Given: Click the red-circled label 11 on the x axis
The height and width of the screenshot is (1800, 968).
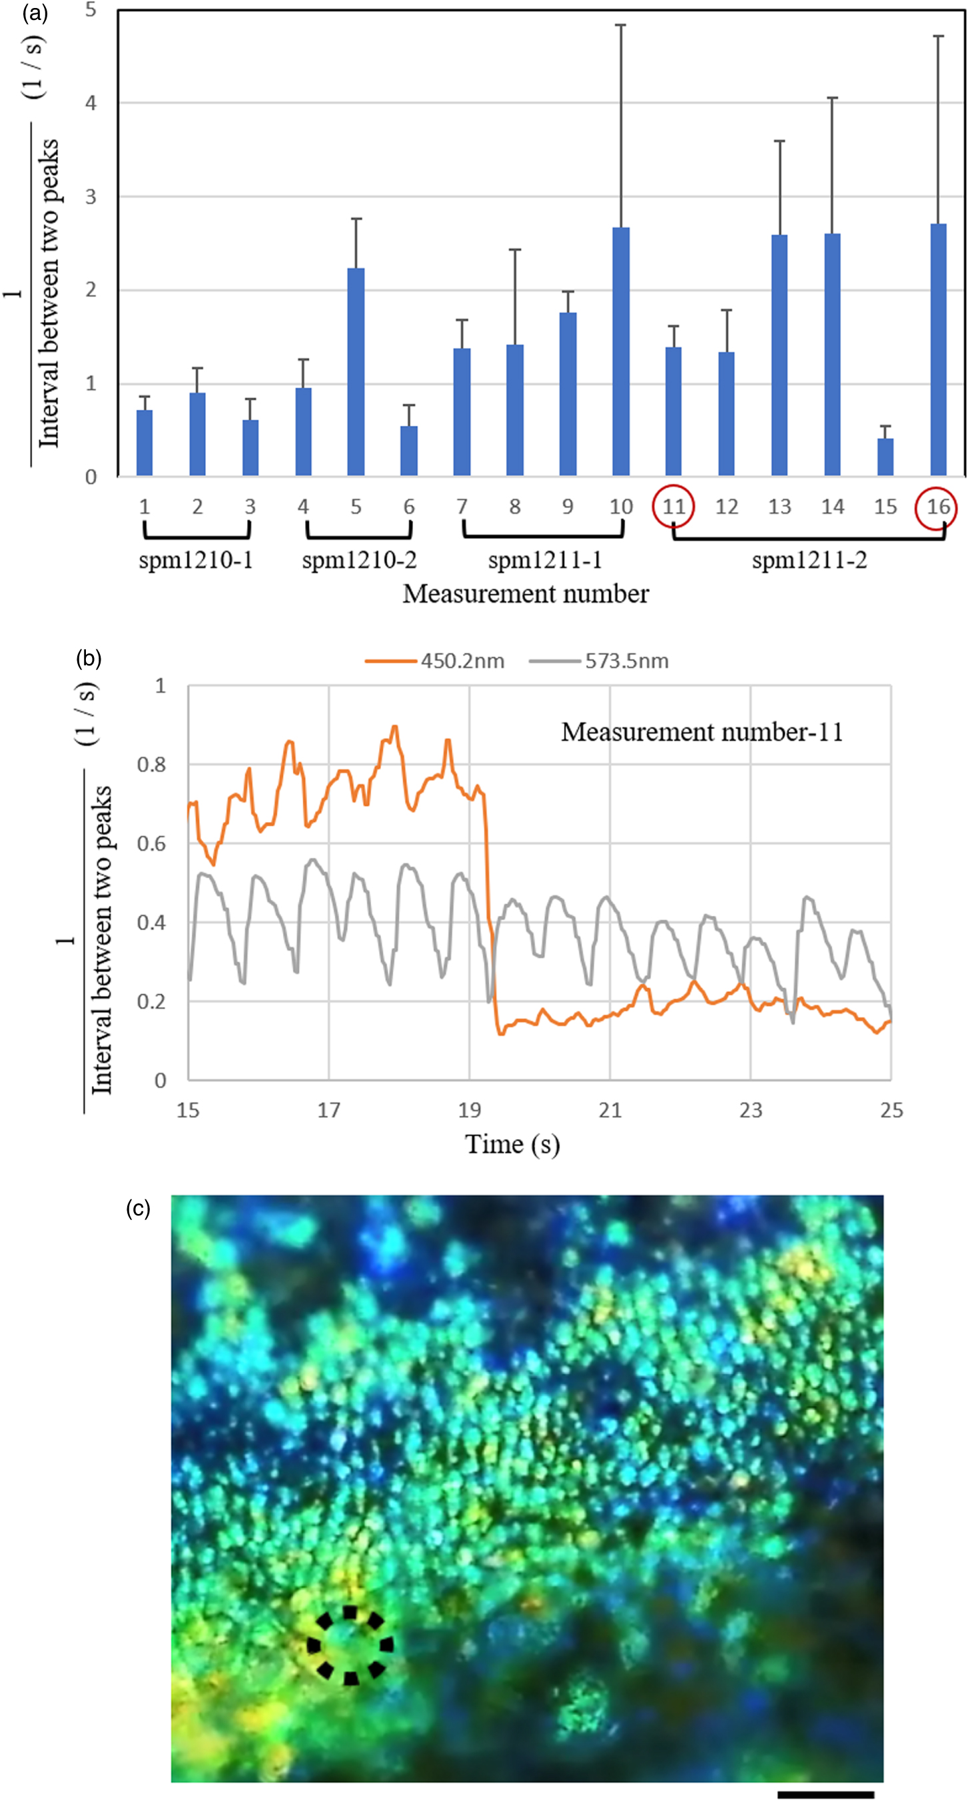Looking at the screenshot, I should click(x=674, y=507).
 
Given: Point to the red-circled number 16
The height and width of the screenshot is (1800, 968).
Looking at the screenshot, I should click(x=937, y=507).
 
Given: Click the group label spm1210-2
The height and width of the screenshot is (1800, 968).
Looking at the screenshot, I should click(x=359, y=560).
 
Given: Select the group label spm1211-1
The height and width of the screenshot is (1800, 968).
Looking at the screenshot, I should click(x=544, y=560).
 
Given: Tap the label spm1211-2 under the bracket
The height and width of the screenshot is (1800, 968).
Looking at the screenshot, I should click(x=809, y=560).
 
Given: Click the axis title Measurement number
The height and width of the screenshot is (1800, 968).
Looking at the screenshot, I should click(x=525, y=594).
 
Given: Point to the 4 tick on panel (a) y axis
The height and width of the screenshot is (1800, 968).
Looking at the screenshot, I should click(x=91, y=103).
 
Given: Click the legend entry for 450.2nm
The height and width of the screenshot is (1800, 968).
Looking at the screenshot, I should click(x=435, y=661).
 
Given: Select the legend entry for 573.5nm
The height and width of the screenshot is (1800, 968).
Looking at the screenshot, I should click(x=599, y=661).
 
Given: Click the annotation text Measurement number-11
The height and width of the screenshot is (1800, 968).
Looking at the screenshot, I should click(x=702, y=732).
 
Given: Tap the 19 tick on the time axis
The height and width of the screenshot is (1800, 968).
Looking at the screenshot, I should click(x=469, y=1110).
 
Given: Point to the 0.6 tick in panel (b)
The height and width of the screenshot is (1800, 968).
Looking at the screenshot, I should click(x=151, y=843).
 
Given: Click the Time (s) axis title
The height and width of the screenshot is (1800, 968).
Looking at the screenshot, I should click(x=512, y=1145).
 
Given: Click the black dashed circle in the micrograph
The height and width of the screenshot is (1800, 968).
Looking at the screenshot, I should click(x=350, y=1645).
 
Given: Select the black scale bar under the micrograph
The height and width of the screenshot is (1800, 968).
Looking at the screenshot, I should click(x=825, y=1794).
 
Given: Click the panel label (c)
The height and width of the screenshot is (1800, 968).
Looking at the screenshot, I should click(x=138, y=1208).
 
